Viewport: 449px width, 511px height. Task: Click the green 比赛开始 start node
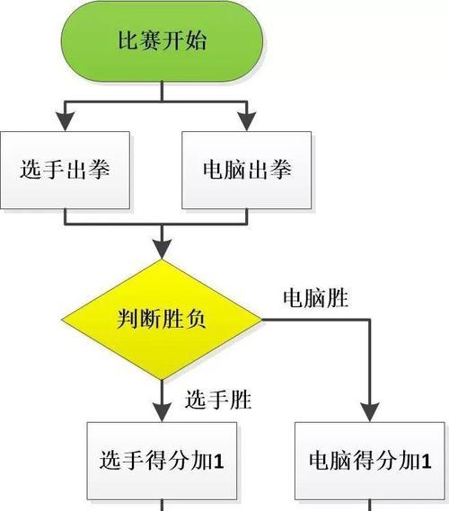(x=162, y=40)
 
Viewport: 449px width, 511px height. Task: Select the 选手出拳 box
(x=66, y=170)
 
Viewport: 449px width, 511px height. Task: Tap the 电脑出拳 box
(x=247, y=170)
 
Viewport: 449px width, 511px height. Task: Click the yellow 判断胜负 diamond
(x=162, y=320)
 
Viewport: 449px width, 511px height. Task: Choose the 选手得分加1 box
(x=162, y=461)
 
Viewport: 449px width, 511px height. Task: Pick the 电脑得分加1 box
(x=370, y=461)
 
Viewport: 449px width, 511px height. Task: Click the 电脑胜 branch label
(x=315, y=298)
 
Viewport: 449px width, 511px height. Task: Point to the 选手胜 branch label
(x=218, y=400)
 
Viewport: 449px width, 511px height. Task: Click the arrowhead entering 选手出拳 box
(x=66, y=121)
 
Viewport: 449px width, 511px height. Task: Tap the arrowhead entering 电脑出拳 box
(x=247, y=121)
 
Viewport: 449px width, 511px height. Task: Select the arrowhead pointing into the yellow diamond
(x=162, y=250)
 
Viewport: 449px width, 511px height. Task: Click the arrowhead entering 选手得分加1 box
(x=162, y=412)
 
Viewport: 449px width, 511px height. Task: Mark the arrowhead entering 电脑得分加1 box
(x=370, y=412)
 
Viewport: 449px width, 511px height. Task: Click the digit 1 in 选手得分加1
(x=217, y=461)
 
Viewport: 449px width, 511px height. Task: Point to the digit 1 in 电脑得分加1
(x=426, y=461)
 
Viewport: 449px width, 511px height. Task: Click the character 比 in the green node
(x=128, y=40)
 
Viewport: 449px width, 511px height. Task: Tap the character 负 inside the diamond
(x=196, y=319)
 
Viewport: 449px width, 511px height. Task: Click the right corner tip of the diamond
(x=262, y=320)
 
